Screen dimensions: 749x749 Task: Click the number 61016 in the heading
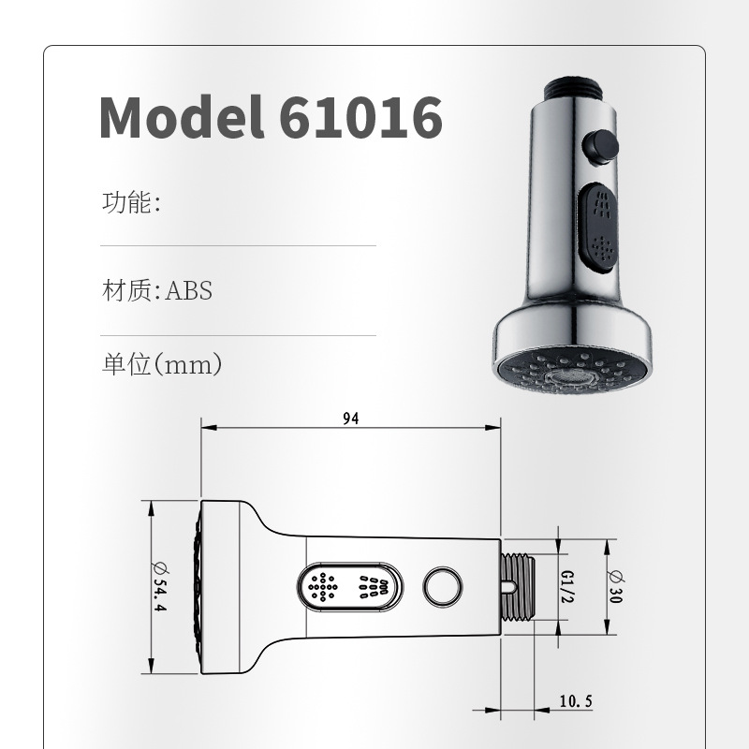click(x=360, y=117)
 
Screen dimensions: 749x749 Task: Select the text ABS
click(x=189, y=290)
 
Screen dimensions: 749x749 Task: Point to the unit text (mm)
click(x=187, y=365)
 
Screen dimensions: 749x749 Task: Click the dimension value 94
click(x=350, y=419)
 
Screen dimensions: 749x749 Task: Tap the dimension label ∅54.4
click(x=159, y=587)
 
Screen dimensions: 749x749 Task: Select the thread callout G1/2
click(x=566, y=587)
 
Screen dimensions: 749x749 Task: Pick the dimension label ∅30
click(x=615, y=587)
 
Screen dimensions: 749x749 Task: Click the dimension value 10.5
click(x=576, y=701)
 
